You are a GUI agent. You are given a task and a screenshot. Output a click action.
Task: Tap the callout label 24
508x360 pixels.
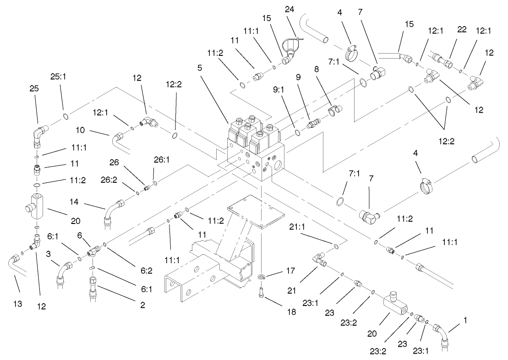point(290,9)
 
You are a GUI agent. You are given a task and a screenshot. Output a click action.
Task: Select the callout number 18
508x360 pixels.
point(291,312)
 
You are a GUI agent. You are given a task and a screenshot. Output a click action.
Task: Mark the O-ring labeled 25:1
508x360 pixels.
point(66,116)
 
